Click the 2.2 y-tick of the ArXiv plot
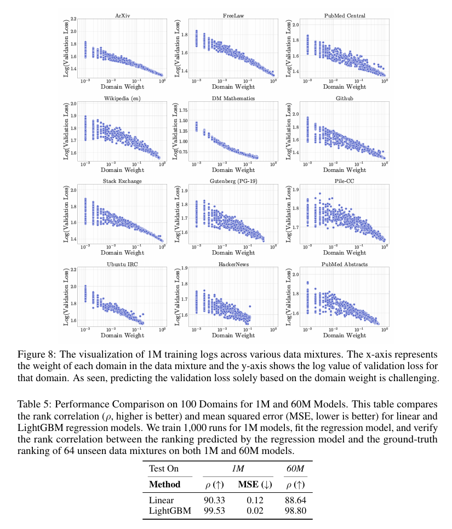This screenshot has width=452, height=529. (x=73, y=19)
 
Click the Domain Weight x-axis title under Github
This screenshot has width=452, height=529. (x=344, y=170)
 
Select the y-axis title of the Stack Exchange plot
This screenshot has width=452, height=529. (x=67, y=216)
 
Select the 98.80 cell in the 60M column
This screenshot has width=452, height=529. (x=295, y=511)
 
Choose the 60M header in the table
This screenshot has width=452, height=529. (x=295, y=469)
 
